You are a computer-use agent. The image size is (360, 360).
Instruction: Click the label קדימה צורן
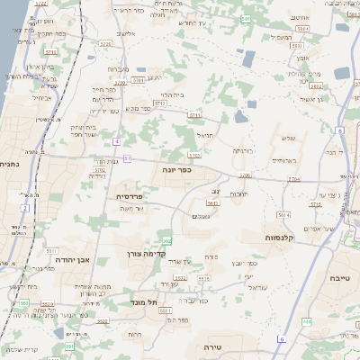(145, 254)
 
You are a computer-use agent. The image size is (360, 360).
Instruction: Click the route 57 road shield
(129, 158)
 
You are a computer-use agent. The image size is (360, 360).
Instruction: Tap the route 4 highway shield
(117, 141)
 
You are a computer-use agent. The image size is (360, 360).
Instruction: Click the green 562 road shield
(167, 241)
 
